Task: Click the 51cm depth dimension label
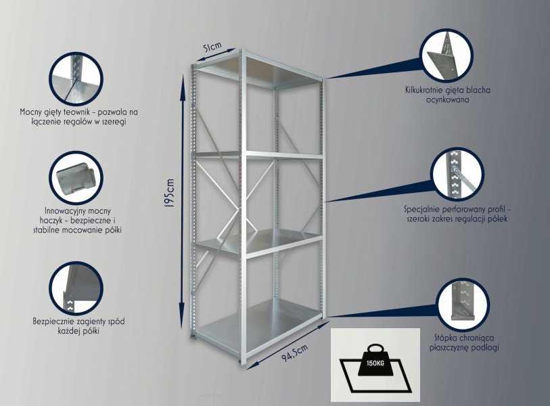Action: pyautogui.click(x=212, y=47)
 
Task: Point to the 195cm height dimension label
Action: pyautogui.click(x=169, y=194)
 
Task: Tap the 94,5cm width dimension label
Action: pyautogui.click(x=295, y=353)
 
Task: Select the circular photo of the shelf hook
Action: pyautogui.click(x=75, y=177)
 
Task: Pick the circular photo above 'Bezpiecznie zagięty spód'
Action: pyautogui.click(x=75, y=288)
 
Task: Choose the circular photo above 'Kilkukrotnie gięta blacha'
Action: pyautogui.click(x=446, y=55)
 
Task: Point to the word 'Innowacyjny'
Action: pyautogui.click(x=62, y=211)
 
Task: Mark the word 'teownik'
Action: pyautogui.click(x=82, y=112)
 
